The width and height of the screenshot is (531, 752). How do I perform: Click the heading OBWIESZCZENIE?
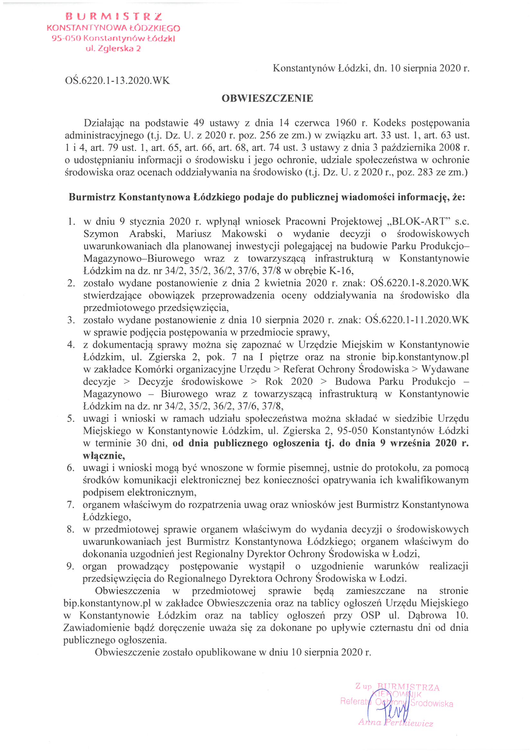267,98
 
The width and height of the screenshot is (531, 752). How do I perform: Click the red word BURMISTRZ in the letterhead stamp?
113,17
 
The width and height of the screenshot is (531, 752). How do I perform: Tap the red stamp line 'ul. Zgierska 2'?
113,49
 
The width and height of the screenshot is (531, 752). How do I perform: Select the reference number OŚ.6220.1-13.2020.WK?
118,80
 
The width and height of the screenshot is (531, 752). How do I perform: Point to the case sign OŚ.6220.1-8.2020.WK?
420,283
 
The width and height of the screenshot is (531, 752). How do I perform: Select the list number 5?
71,418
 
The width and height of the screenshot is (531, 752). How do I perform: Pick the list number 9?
70,566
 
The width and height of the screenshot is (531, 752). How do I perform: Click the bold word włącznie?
104,455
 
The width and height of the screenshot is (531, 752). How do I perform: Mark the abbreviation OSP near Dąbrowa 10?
370,615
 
